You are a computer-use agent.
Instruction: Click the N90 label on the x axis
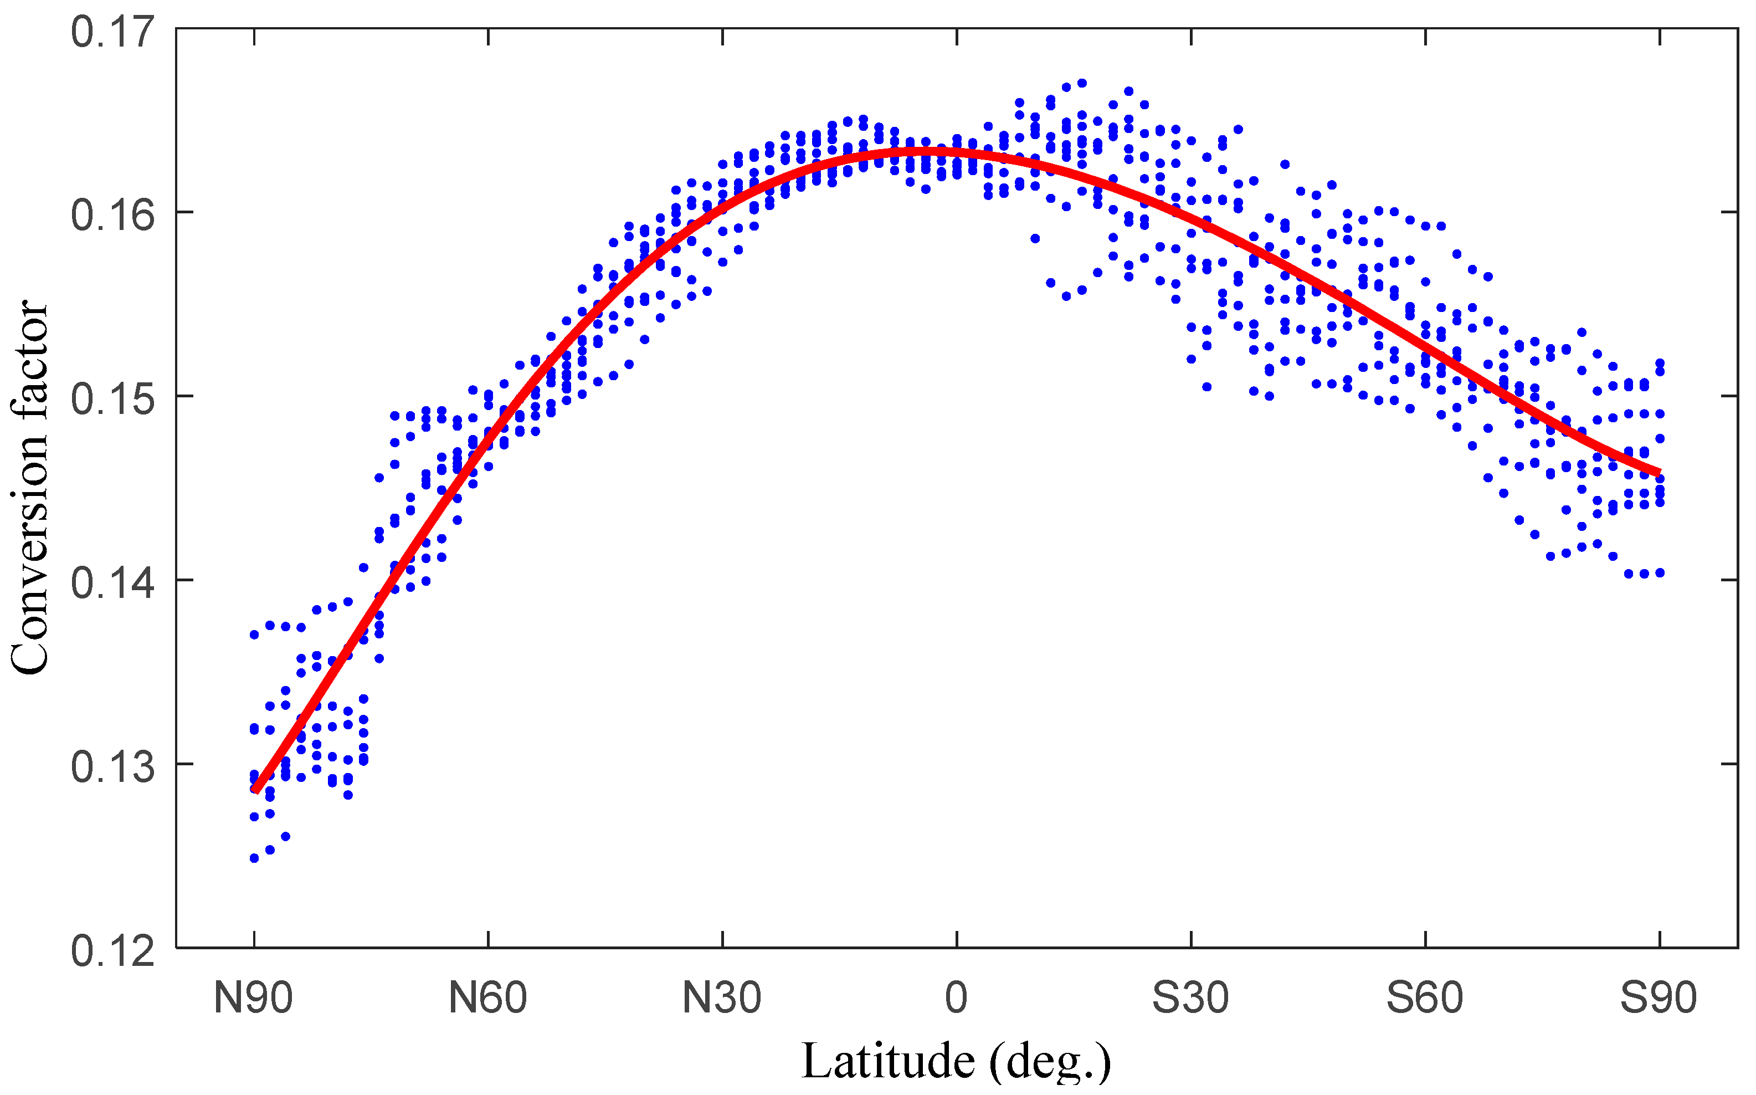point(253,999)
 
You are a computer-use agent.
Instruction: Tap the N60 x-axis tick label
point(488,999)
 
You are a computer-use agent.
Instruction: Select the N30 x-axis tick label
point(722,999)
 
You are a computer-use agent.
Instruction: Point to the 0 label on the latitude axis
point(956,999)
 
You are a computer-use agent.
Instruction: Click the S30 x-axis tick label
point(1190,999)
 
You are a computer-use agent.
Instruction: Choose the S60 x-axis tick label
point(1425,999)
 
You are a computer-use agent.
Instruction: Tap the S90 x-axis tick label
point(1659,999)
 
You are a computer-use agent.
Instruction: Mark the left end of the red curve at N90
point(255,791)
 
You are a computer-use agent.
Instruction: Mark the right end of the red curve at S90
point(1659,474)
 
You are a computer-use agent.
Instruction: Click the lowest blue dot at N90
point(254,858)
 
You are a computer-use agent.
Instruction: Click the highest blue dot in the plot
point(1082,83)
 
